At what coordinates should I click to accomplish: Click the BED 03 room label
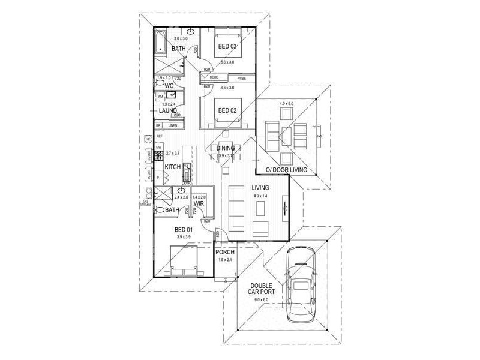coord(226,47)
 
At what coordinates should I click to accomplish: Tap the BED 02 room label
coord(226,110)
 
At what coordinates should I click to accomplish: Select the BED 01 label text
coord(183,230)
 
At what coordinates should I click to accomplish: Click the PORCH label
coord(225,252)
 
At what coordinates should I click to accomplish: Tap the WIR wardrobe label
coord(199,204)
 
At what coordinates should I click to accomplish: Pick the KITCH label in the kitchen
coord(173,166)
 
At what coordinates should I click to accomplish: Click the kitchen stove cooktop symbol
coord(160,153)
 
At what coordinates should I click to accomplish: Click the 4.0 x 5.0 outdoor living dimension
coord(287,104)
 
